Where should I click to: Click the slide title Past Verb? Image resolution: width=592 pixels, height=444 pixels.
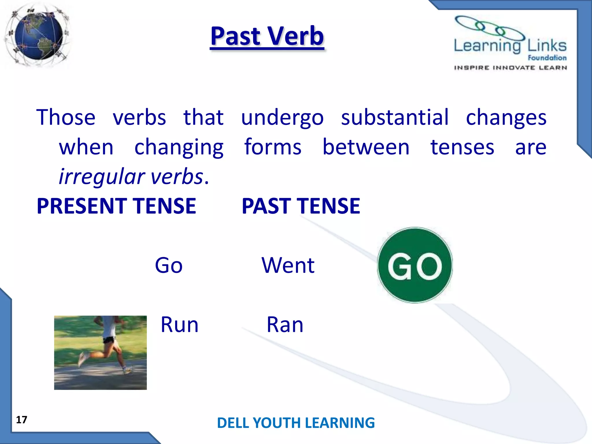(267, 36)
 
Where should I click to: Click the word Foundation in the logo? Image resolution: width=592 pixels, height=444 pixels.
(547, 58)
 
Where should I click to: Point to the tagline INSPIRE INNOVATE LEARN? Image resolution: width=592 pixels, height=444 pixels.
(510, 68)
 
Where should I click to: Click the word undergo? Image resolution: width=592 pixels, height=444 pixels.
(282, 118)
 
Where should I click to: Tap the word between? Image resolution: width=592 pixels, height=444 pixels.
(366, 147)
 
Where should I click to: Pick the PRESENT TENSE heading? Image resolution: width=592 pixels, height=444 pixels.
(116, 206)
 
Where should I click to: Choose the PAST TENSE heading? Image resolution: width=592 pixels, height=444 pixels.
(301, 206)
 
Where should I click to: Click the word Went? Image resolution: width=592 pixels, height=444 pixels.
(288, 265)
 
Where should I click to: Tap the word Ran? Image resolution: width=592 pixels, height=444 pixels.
(285, 325)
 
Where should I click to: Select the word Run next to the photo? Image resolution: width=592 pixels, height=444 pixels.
(180, 325)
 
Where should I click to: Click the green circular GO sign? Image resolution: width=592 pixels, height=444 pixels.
(415, 265)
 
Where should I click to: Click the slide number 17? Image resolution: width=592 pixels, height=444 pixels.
(22, 420)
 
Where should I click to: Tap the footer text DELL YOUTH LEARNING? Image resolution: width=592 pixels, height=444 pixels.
(296, 423)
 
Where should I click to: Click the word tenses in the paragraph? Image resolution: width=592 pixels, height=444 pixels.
(462, 147)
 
